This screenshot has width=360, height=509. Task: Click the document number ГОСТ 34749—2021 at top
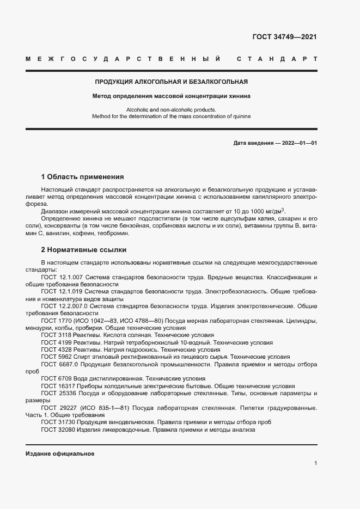coord(284,37)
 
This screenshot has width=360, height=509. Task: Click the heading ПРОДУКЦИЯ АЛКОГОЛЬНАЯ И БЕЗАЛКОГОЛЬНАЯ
coord(172,82)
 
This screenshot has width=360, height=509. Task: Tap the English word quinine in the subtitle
coord(241,116)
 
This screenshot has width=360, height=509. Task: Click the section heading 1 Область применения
coord(83,177)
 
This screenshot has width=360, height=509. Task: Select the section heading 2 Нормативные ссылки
coord(84,250)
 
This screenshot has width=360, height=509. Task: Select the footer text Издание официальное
coord(60,453)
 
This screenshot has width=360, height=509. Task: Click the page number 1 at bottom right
coord(315,463)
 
